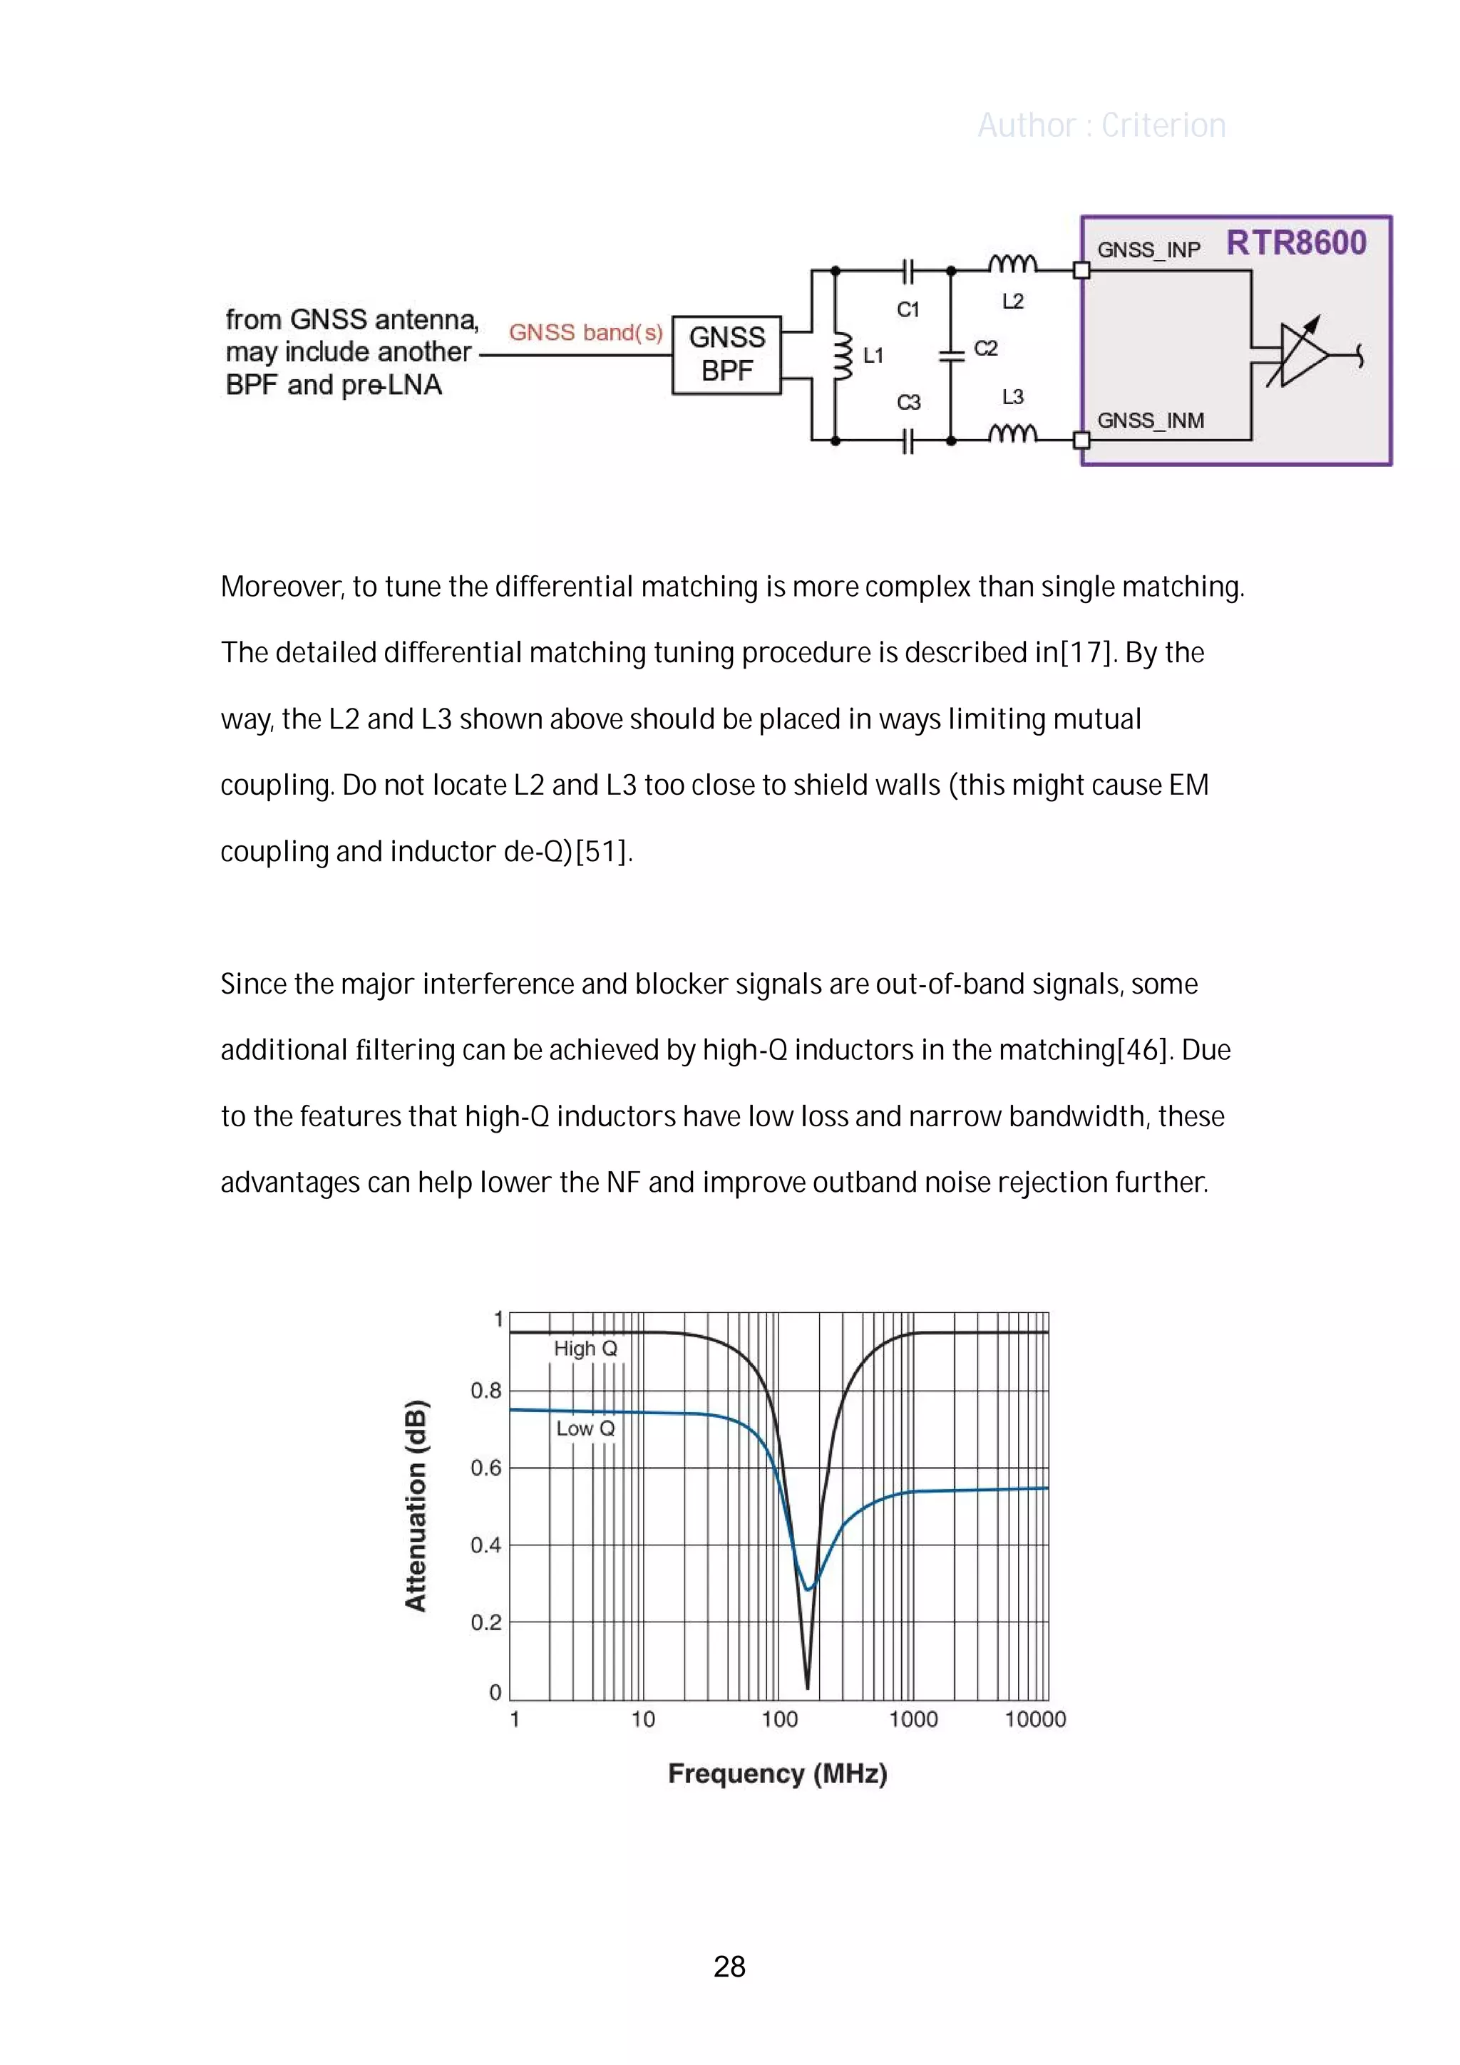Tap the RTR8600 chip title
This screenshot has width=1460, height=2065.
pos(1295,243)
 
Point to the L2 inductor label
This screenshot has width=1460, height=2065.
pos(1012,302)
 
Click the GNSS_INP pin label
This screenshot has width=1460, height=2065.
pos(1148,250)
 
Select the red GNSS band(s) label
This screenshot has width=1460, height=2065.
pos(585,333)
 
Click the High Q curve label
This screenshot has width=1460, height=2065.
pos(585,1348)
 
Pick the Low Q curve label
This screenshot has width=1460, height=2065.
pos(585,1428)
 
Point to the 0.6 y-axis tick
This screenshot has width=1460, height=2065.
pos(485,1468)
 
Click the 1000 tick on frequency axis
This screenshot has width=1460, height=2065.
pos(913,1719)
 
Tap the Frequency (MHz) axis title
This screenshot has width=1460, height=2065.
pos(777,1773)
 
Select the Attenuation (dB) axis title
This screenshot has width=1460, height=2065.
pos(416,1505)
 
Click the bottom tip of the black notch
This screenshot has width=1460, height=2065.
pos(807,1686)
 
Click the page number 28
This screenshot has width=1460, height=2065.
pos(729,1967)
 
